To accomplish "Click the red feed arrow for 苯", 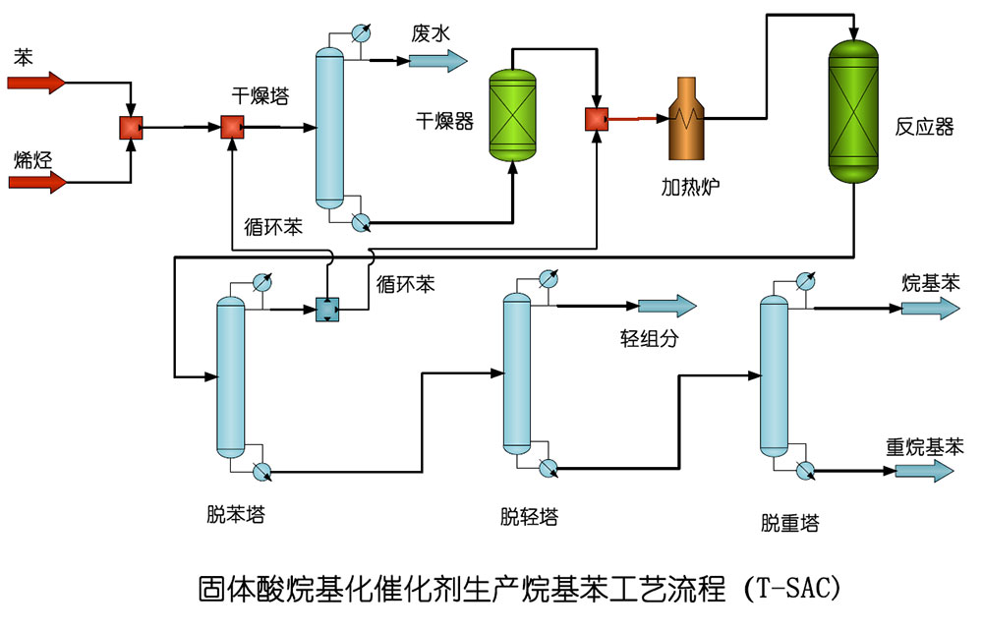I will click(36, 83).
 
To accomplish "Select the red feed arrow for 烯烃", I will click(37, 182).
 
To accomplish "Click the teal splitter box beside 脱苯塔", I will click(326, 310).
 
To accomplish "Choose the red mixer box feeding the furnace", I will click(596, 119).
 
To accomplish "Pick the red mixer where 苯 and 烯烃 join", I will click(132, 128).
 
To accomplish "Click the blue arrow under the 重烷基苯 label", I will click(924, 472).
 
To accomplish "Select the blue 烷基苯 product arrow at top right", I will click(930, 308).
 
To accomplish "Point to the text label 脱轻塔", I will click(529, 516).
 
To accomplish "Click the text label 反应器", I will click(924, 127).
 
